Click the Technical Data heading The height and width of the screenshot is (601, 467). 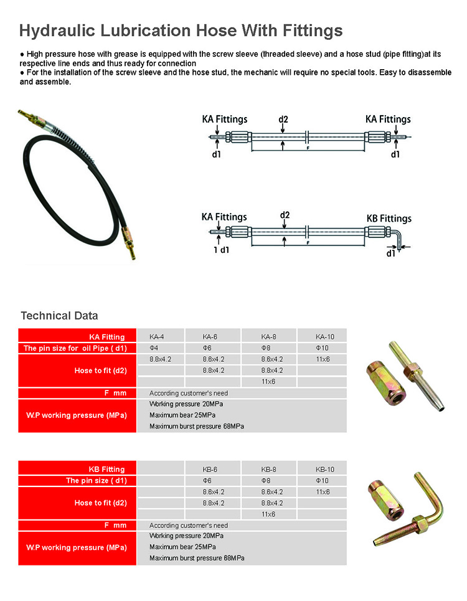pos(59,316)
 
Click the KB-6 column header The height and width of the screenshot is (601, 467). pos(213,470)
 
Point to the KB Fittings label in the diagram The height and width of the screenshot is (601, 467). pos(389,219)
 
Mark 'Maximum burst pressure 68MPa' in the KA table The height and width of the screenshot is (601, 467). pos(197,427)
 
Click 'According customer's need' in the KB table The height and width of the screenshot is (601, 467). pos(189,526)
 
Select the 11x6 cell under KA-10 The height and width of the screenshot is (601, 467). pos(323,359)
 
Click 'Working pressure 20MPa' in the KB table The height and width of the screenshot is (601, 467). pos(186,536)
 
